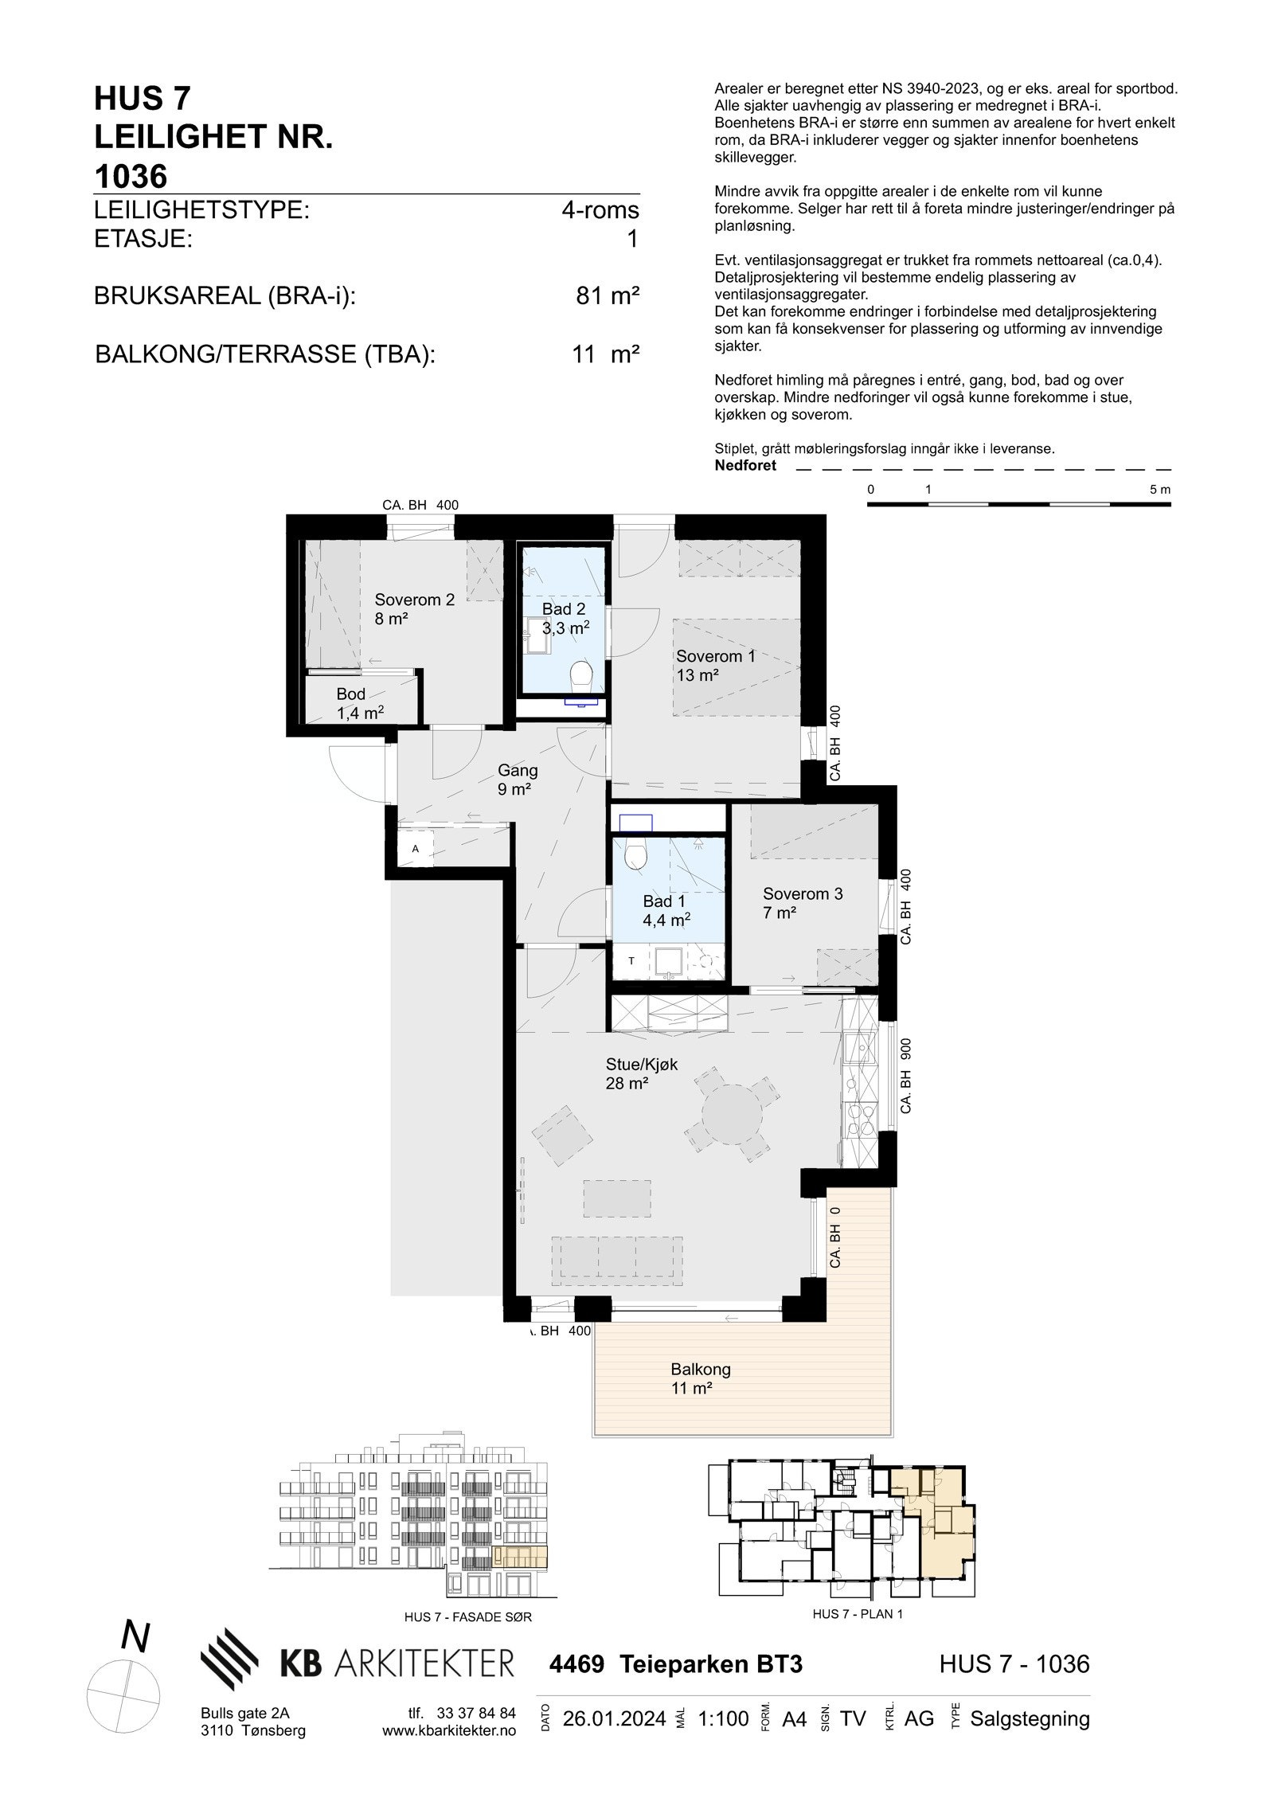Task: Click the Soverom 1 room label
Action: tap(714, 666)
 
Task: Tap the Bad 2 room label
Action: tap(565, 618)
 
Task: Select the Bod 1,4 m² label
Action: tap(359, 703)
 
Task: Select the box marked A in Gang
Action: tap(415, 849)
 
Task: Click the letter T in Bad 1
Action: tap(631, 961)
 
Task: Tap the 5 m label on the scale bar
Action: tap(1160, 490)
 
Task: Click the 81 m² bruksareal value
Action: tap(608, 296)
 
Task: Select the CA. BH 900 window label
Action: tap(905, 1078)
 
